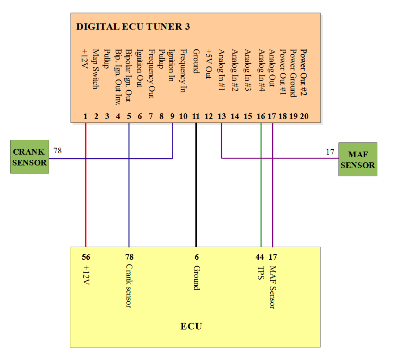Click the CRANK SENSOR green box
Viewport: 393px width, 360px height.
[x=30, y=157]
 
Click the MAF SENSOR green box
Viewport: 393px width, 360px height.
[x=358, y=160]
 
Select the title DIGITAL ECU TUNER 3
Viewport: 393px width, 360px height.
[x=133, y=27]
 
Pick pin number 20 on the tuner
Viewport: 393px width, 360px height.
[x=304, y=116]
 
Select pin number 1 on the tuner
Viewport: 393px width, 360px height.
[x=86, y=116]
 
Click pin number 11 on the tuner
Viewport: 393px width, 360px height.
[x=196, y=116]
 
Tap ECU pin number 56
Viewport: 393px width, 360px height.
[x=86, y=257]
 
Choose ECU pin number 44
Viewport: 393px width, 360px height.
[x=260, y=257]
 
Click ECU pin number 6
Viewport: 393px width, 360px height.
[x=196, y=257]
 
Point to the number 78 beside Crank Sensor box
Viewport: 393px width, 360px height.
[x=57, y=151]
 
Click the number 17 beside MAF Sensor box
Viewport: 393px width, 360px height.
[x=330, y=152]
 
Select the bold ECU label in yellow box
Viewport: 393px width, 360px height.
[x=192, y=326]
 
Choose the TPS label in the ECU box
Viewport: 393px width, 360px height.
[x=260, y=273]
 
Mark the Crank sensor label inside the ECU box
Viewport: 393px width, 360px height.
[x=129, y=286]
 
